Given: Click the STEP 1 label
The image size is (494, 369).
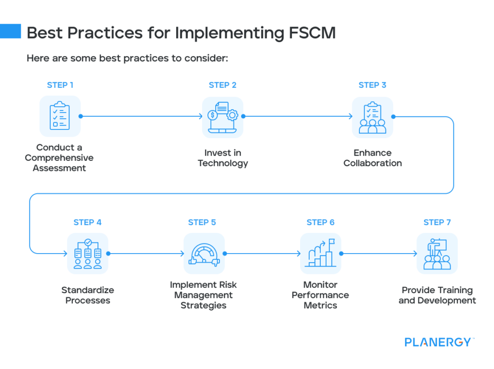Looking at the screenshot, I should point(60,85).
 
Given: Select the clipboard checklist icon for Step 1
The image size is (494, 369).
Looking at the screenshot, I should point(60,116).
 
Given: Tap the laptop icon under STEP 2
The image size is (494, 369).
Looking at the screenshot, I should point(222,116).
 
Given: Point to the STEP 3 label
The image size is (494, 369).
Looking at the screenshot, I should point(372,85).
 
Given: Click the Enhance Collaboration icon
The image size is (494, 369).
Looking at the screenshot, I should point(372,116).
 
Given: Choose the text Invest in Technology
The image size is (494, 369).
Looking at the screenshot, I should point(222,158).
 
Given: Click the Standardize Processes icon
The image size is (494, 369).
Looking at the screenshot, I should point(88,253).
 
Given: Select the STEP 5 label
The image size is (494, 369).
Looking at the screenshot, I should point(202,222).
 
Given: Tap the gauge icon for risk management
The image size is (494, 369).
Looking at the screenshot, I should point(204,254).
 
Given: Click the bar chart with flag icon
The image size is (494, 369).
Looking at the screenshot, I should point(320,254).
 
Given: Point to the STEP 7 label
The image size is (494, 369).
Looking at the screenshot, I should point(437,222).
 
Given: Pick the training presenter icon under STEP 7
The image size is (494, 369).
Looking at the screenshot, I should point(437,254).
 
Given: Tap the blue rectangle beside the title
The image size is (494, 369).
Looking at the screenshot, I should point(11,31).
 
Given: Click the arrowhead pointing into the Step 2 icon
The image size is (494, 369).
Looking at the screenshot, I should point(200,116).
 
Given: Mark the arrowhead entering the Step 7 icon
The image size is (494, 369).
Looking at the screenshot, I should point(415,254).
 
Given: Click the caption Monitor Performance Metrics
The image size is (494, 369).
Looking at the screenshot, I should point(320,295).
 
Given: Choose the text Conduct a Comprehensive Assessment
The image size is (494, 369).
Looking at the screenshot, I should point(59,158).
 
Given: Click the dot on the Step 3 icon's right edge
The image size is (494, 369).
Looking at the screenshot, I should point(393,116).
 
